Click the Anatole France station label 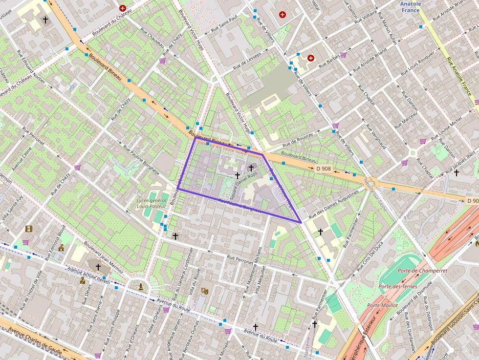410,7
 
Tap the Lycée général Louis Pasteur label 152,203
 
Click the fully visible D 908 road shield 323,169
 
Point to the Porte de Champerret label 415,270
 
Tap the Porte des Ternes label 397,286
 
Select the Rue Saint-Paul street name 224,24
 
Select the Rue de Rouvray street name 297,140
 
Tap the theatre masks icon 204,291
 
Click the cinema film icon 29,229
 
